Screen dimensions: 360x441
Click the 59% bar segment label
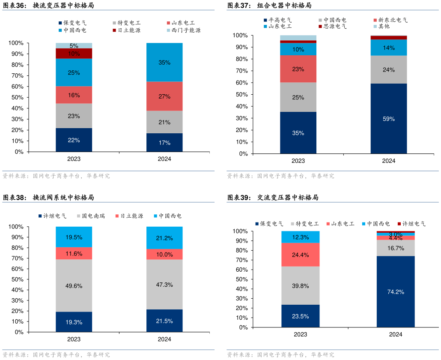(x=389, y=119)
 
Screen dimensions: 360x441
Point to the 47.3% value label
(x=164, y=285)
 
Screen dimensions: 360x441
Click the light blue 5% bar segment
(x=74, y=45)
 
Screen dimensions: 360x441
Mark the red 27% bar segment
(x=164, y=96)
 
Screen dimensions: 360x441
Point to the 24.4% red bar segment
(x=300, y=255)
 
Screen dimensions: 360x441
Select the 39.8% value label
(x=300, y=286)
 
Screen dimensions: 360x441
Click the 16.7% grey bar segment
(x=396, y=248)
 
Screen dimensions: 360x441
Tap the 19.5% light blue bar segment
(x=74, y=237)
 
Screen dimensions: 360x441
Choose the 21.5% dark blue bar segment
(x=164, y=321)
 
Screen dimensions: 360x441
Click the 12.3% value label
(x=300, y=237)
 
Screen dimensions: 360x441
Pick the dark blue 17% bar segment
(x=164, y=143)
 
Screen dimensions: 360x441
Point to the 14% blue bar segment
(x=389, y=48)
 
